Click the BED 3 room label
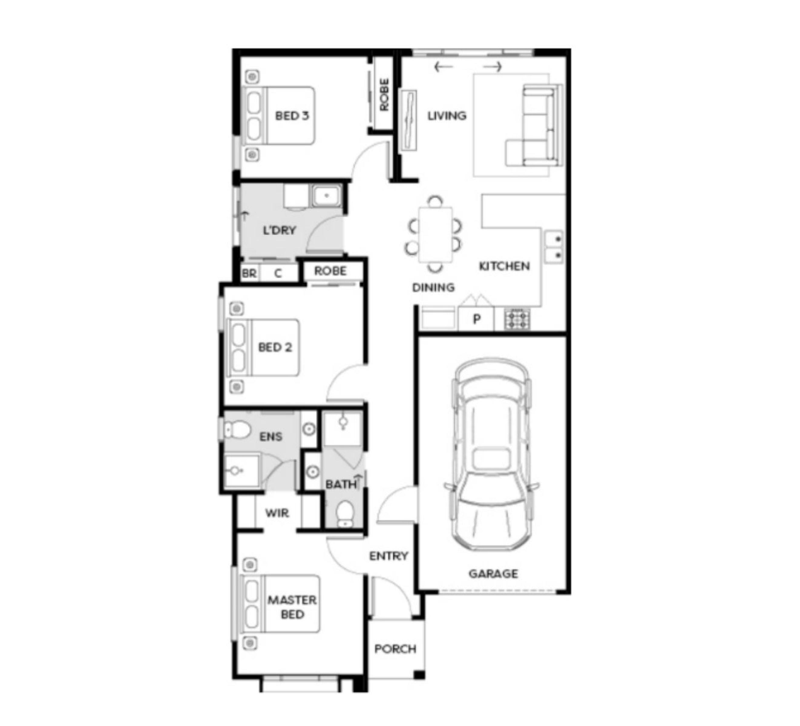coord(292,116)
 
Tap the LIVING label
coord(447,116)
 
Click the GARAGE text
coord(493,574)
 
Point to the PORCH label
coord(395,649)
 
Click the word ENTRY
coord(389,556)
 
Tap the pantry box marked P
coord(476,319)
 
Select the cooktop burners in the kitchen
coord(517,319)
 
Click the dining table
coord(435,234)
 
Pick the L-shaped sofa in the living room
coord(534,125)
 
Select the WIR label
coord(277,513)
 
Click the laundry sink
coord(326,196)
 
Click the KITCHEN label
coord(504,266)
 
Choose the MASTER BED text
coord(292,607)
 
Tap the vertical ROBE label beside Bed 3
coord(384,94)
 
